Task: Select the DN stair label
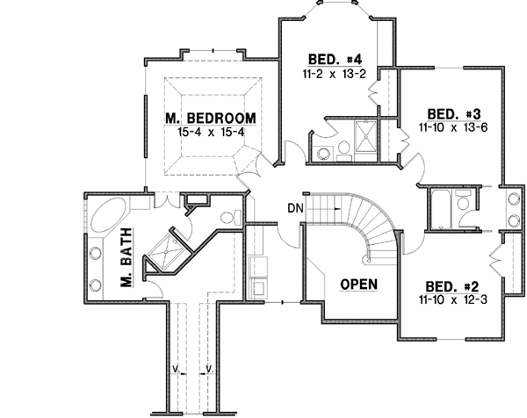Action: coord(295,208)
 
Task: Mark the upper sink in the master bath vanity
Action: coord(95,249)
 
